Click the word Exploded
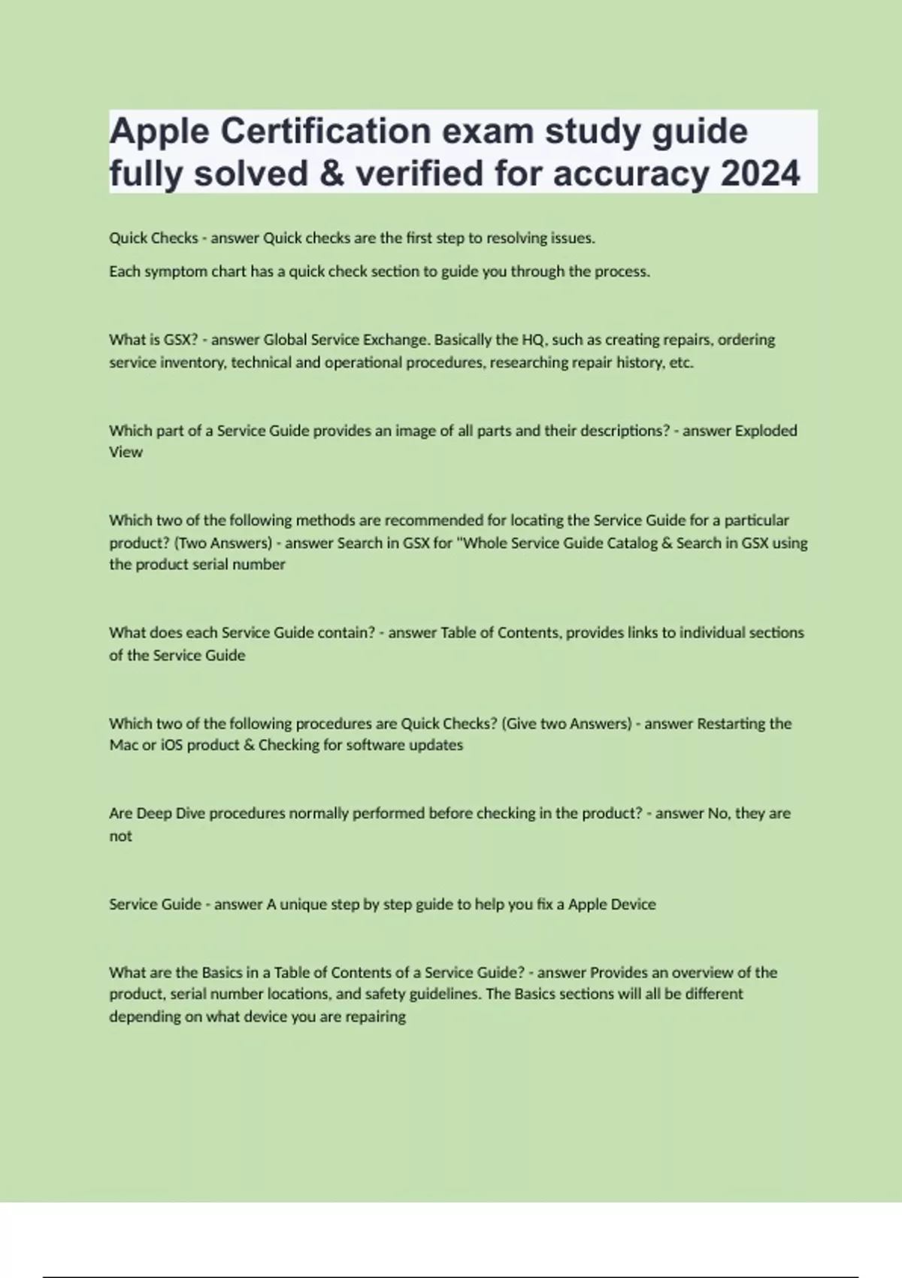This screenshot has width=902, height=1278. [x=765, y=431]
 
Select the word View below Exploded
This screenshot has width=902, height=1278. [x=126, y=452]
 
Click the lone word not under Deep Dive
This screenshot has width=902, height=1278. [x=120, y=836]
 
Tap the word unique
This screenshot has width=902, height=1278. [x=304, y=904]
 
